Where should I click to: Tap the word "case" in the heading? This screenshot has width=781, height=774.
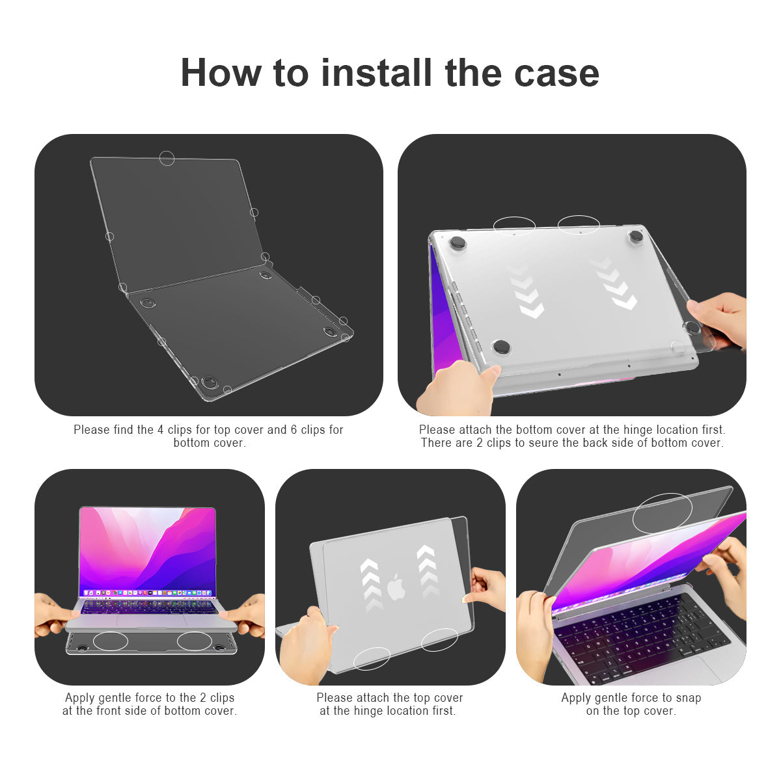click(556, 72)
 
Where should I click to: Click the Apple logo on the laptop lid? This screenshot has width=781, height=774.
click(396, 587)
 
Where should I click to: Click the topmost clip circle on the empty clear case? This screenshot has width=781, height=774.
click(167, 158)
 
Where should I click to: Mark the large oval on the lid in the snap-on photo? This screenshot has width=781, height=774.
click(663, 513)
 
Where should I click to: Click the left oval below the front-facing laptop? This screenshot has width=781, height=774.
click(111, 641)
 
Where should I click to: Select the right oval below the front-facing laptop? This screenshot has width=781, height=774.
click(195, 641)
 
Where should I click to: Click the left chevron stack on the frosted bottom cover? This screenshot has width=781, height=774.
click(526, 290)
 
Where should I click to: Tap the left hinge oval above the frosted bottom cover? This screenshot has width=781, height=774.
click(514, 226)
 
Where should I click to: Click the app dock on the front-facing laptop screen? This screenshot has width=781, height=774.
click(147, 593)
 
